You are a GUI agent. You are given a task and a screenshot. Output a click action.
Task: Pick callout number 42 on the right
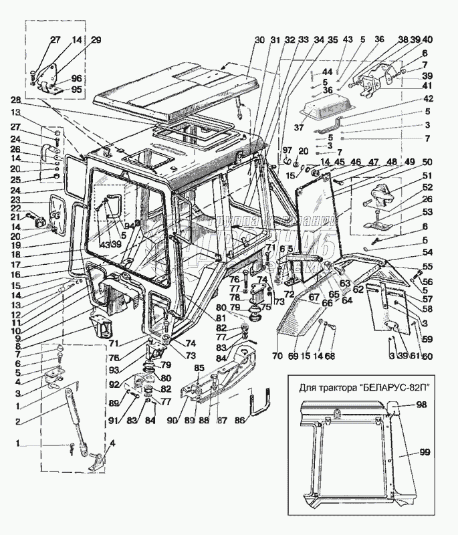click(426, 99)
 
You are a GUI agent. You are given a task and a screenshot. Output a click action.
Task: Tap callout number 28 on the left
click(15, 99)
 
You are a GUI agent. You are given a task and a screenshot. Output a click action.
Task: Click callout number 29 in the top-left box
click(96, 41)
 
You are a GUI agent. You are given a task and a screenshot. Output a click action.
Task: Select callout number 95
click(76, 90)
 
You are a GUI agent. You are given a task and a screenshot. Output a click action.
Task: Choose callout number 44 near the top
click(327, 72)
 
